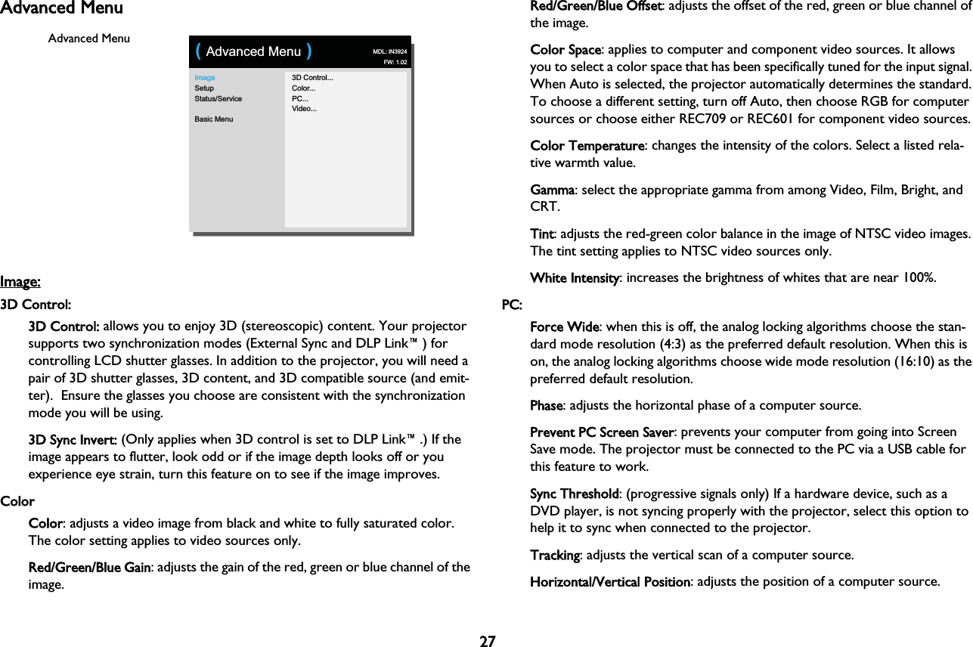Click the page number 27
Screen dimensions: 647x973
(x=488, y=642)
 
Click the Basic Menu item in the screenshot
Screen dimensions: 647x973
(x=214, y=119)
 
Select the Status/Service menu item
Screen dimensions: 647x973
(x=218, y=98)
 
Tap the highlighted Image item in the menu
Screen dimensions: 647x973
(x=205, y=78)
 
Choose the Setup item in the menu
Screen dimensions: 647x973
(x=204, y=88)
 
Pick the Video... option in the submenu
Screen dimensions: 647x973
(x=305, y=109)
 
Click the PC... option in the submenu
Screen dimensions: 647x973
(x=299, y=98)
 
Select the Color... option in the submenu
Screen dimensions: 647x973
(x=304, y=88)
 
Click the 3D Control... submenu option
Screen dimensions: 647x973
(x=313, y=78)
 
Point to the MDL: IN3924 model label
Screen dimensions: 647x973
(x=390, y=51)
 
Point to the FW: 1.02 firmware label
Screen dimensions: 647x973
(x=395, y=62)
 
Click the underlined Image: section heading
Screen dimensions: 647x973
(x=20, y=283)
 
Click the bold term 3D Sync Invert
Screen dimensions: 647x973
(x=73, y=440)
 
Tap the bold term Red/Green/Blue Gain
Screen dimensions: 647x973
(x=89, y=568)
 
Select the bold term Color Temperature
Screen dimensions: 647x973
(x=587, y=145)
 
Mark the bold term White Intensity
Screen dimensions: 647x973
(x=575, y=278)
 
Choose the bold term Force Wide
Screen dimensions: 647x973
(x=565, y=327)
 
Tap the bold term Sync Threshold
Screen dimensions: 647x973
(x=575, y=494)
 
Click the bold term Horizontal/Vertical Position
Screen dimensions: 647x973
(x=609, y=582)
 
